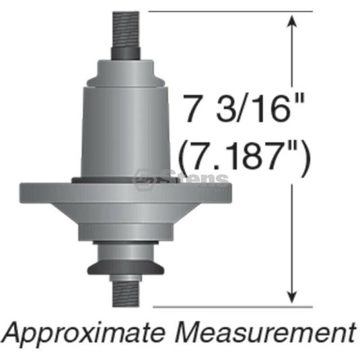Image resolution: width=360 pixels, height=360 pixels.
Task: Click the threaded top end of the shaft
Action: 126,30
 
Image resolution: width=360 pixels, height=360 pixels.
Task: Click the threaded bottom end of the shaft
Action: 126,294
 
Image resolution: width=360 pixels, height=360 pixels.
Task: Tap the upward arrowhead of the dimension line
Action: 292,21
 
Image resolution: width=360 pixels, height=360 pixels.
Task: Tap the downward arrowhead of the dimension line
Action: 292,297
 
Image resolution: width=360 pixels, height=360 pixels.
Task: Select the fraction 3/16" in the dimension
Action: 260,108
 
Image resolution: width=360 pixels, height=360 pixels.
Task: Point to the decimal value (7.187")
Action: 244,155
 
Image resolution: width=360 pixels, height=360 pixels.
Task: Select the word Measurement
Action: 266,330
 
